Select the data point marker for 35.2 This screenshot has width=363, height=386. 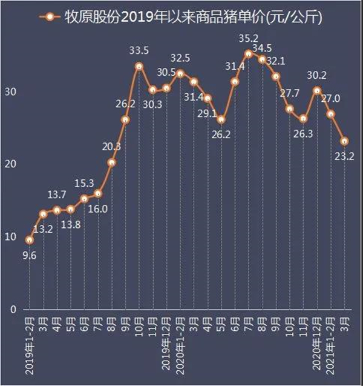[248, 53]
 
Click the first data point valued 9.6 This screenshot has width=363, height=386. [29, 240]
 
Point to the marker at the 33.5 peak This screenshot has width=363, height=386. [139, 66]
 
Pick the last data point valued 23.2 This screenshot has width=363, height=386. [344, 141]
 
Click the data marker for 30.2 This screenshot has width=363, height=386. [317, 90]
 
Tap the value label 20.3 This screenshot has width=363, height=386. [111, 146]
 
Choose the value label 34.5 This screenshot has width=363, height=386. [261, 47]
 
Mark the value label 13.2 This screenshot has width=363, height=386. [43, 228]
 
